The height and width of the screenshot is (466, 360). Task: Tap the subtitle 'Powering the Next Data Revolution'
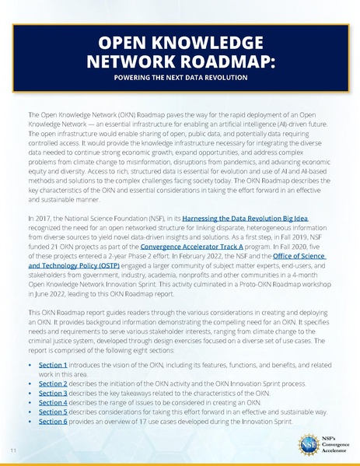[180, 79]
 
